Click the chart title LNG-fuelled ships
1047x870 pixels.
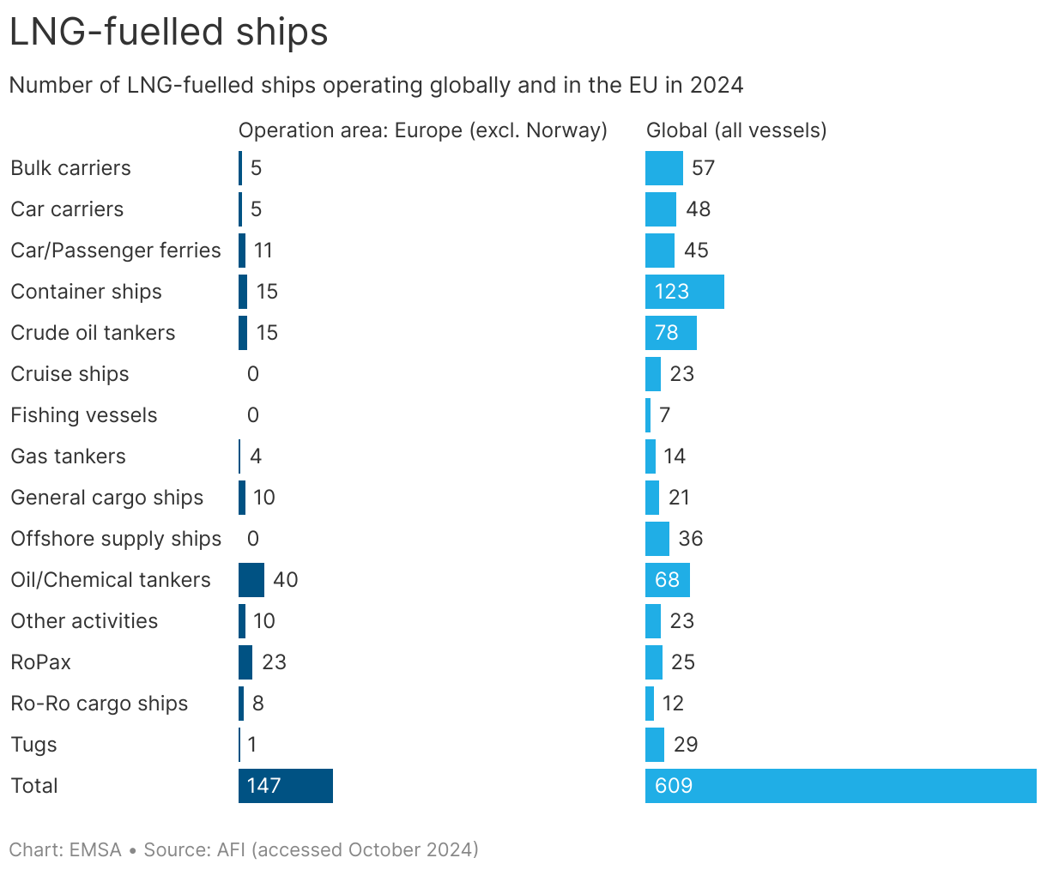168,33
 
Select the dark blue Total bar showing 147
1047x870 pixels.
285,786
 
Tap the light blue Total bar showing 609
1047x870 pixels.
840,786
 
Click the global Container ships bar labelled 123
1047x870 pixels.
684,292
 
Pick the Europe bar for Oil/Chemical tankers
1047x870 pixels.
251,580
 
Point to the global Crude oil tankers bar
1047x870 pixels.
670,333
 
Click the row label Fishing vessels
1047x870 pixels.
84,415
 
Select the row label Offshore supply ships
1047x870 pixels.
116,539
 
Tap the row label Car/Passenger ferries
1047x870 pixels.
116,251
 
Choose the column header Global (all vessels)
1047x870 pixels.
736,130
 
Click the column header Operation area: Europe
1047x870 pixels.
422,130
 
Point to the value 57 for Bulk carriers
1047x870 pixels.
703,168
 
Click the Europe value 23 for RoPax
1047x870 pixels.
274,662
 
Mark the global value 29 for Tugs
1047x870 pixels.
686,745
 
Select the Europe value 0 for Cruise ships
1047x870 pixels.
252,374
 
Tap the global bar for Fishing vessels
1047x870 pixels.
648,415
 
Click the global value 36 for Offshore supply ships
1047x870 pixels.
690,539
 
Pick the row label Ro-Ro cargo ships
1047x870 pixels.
100,704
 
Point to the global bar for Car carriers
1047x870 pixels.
660,209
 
